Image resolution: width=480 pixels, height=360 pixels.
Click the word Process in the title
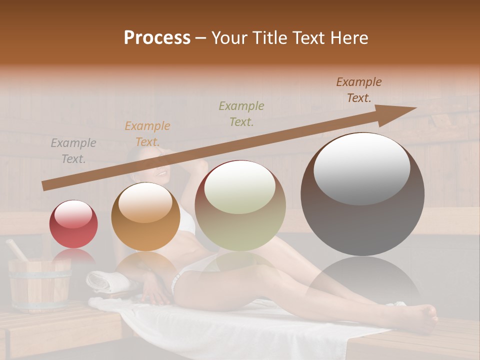(157, 38)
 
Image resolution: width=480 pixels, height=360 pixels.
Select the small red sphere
(73, 224)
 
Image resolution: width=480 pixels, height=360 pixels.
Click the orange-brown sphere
(145, 217)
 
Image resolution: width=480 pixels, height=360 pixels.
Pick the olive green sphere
(240, 206)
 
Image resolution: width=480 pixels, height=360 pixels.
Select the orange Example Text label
(147, 133)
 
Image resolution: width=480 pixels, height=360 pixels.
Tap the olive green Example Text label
(241, 113)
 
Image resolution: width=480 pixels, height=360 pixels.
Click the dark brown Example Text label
(358, 90)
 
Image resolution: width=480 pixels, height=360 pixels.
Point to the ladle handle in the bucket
(16, 249)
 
